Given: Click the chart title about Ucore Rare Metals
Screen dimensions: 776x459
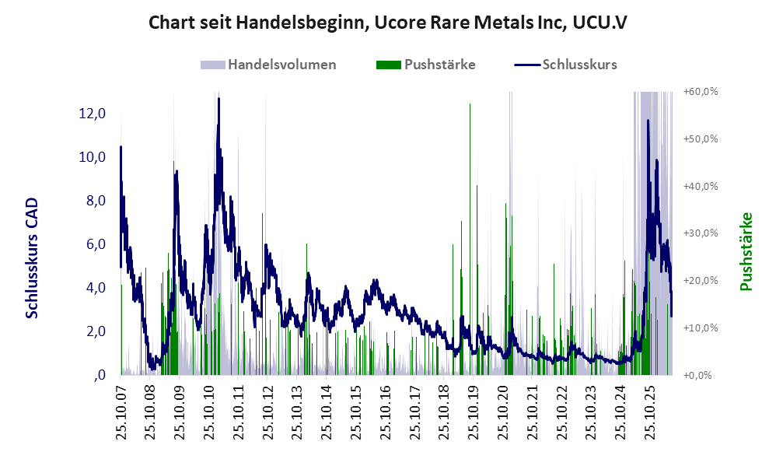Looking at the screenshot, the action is click(388, 23).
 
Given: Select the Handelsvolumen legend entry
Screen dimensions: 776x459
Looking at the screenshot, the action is click(268, 65).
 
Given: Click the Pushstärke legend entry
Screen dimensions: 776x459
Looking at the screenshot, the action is click(425, 65).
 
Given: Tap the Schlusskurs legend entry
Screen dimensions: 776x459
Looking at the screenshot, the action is click(565, 65).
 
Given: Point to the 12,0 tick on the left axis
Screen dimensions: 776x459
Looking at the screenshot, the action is click(93, 114).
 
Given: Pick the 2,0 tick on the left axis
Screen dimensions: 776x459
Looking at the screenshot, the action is click(95, 331).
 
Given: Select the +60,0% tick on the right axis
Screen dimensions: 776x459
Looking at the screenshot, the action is click(701, 92).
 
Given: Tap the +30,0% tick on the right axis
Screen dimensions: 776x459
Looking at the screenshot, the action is click(701, 233).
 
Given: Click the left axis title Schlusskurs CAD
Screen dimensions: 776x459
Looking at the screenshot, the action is click(32, 258).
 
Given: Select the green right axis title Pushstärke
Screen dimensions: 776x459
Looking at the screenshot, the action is click(746, 251).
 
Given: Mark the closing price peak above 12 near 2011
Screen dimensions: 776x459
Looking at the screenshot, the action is click(218, 99).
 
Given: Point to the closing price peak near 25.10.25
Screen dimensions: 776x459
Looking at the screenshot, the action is click(648, 121).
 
